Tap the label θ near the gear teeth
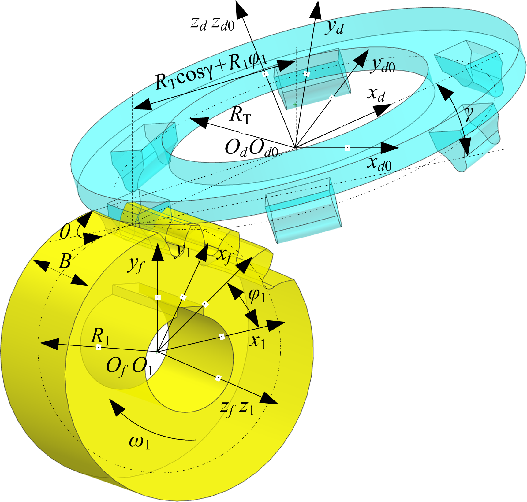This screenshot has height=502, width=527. tap(65, 231)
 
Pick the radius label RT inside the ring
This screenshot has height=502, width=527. tap(240, 115)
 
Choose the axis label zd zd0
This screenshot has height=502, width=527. tap(212, 23)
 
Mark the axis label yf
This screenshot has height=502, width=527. tap(136, 264)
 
